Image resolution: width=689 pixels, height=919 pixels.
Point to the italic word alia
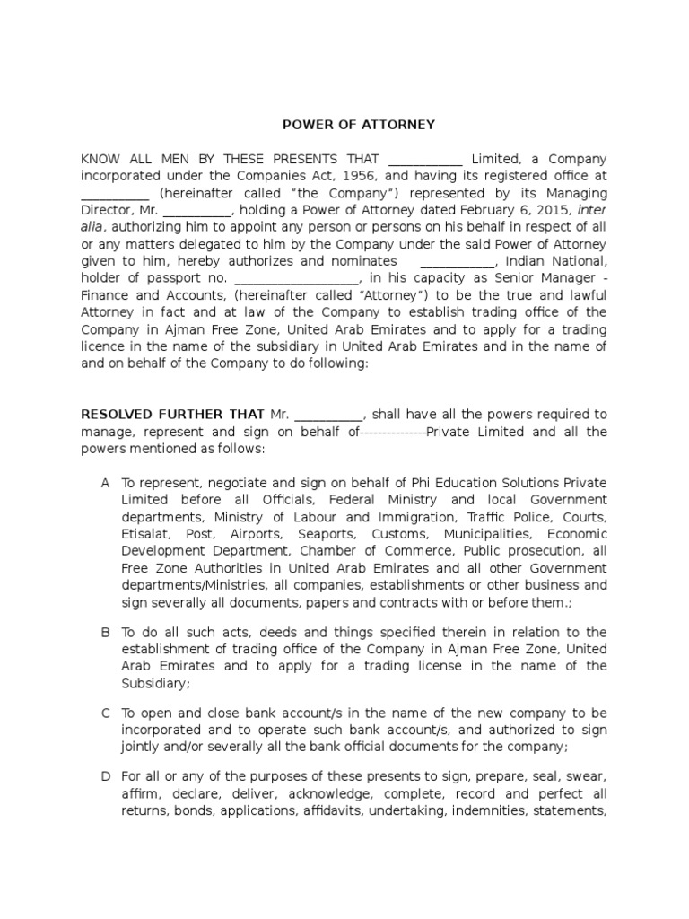point(93,228)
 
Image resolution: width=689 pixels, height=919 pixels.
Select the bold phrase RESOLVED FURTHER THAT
point(173,415)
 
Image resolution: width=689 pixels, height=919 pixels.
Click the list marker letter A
point(106,483)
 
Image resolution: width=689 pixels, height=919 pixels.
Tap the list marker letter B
point(106,632)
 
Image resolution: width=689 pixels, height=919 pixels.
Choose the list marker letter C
point(106,713)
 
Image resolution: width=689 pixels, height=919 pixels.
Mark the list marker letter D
point(106,776)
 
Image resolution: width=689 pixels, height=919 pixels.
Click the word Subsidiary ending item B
point(155,683)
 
